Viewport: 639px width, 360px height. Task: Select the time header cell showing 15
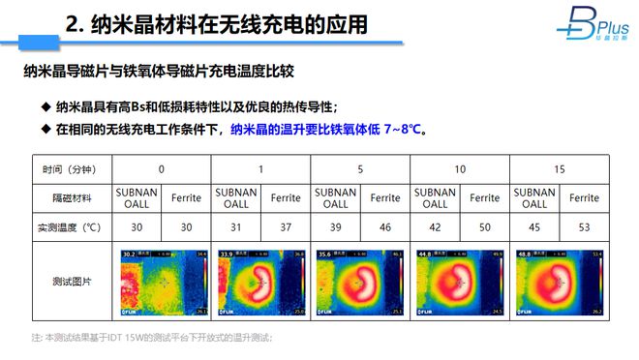pos(560,169)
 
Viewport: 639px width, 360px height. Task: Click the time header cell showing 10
pos(460,169)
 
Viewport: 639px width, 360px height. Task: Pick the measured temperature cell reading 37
pos(286,227)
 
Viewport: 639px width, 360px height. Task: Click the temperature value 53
pos(584,227)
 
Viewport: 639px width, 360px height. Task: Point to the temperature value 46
pos(385,227)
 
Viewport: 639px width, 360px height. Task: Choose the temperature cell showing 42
pos(435,227)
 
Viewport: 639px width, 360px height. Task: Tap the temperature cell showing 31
pos(235,227)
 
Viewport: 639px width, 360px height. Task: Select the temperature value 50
pos(484,227)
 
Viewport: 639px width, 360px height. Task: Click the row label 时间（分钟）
pos(71,169)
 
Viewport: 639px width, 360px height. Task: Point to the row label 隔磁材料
pos(71,198)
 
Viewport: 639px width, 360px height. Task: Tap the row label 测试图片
pos(71,282)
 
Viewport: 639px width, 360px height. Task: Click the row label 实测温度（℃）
pos(71,227)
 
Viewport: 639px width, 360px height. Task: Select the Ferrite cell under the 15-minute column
pos(584,198)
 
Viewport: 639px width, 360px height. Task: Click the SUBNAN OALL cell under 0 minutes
pos(136,198)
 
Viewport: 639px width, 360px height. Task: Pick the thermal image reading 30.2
pos(161,283)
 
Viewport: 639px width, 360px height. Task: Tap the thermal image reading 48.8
pos(560,283)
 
